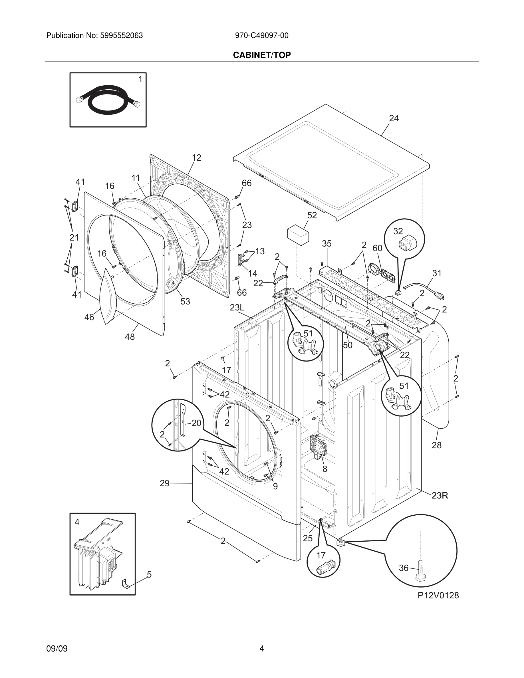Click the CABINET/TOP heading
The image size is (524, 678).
(262, 55)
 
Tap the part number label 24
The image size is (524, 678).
(394, 118)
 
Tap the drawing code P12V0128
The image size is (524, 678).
(438, 595)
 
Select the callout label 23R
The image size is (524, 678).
(440, 496)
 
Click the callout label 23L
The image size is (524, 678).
(237, 307)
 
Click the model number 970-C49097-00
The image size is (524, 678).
(261, 36)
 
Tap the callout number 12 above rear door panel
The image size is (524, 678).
(196, 158)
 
